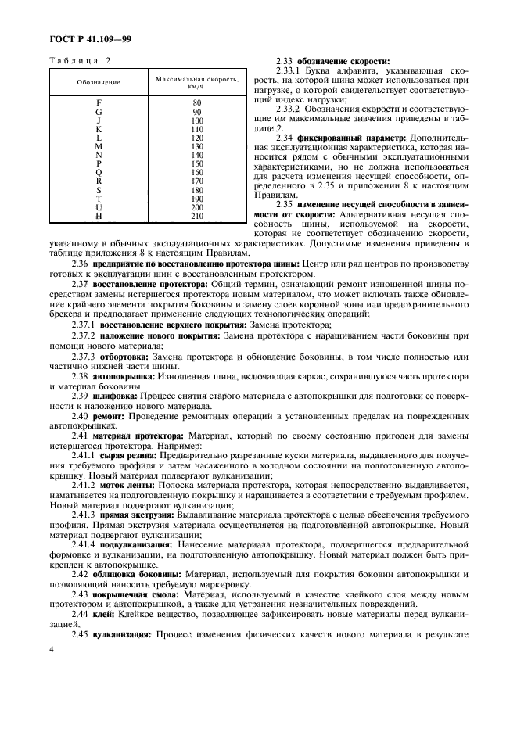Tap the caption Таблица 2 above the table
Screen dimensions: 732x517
[x=81, y=60]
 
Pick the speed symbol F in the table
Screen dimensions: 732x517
[x=99, y=102]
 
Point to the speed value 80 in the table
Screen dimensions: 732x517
[x=196, y=102]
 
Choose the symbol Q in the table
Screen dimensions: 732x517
[x=99, y=172]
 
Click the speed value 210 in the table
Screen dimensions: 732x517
[x=196, y=216]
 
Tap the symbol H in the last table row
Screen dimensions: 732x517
[x=99, y=216]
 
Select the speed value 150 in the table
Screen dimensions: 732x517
[x=196, y=163]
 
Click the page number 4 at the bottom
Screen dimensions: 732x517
[x=50, y=672]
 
